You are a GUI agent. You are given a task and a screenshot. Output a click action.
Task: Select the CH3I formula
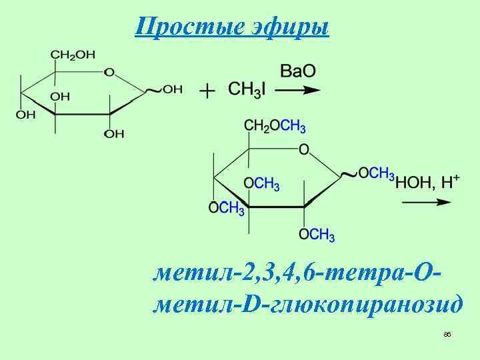click(246, 89)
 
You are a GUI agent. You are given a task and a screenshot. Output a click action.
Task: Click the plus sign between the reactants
click(208, 90)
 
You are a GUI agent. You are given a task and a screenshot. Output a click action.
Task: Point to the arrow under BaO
click(299, 90)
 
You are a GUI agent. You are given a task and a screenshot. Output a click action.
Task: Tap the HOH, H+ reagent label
click(427, 181)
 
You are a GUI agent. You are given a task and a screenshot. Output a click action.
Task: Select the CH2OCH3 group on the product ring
click(275, 127)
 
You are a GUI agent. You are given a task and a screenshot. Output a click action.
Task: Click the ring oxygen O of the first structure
click(109, 71)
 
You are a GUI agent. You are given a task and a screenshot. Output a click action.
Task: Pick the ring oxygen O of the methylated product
click(304, 150)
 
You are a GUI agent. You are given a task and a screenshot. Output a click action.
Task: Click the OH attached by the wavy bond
click(172, 89)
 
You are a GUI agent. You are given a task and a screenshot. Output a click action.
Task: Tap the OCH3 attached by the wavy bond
click(376, 173)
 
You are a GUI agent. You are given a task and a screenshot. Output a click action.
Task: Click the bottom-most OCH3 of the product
click(317, 235)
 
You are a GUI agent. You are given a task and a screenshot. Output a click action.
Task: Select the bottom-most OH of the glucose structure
click(114, 134)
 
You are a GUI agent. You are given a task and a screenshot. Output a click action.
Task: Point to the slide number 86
click(447, 334)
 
